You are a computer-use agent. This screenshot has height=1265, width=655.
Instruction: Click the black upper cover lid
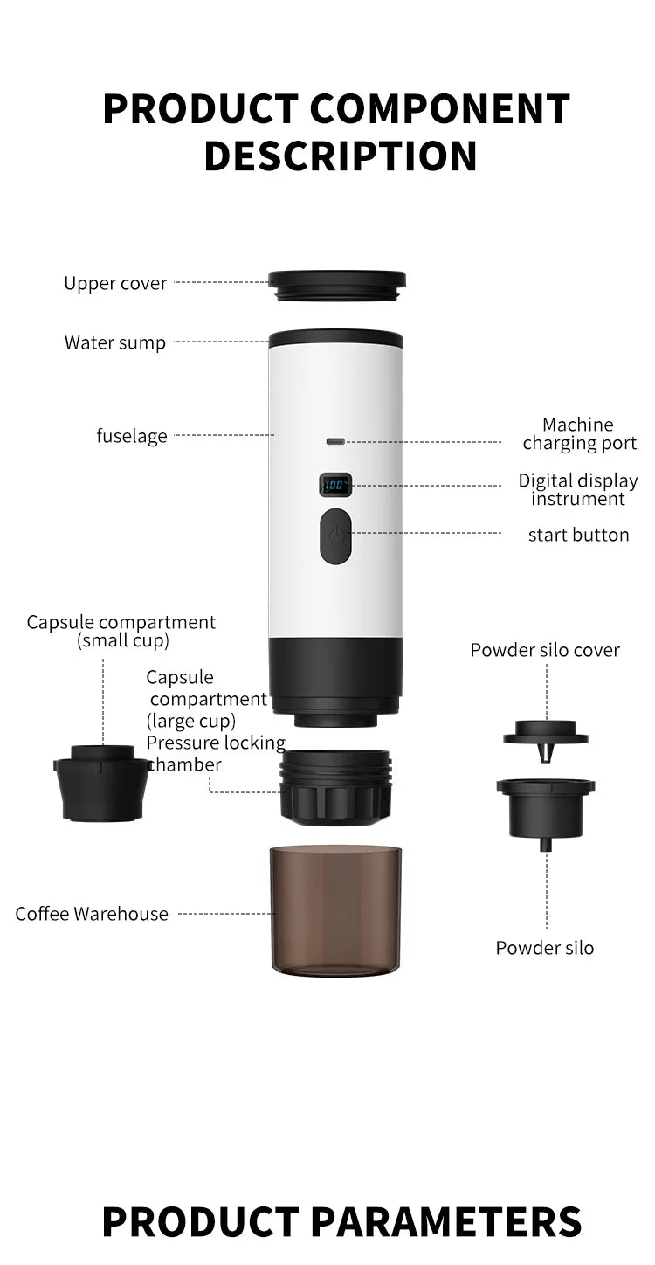(x=336, y=285)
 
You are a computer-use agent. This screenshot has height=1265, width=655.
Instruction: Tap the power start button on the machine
(x=335, y=536)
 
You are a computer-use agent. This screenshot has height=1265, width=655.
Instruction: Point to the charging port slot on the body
(x=335, y=442)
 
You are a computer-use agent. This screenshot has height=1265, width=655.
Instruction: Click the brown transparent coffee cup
(x=336, y=908)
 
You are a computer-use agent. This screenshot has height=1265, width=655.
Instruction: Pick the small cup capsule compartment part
(x=102, y=782)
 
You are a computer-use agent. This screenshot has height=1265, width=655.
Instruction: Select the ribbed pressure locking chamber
(x=336, y=786)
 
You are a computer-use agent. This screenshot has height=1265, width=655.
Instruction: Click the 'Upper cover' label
(x=115, y=283)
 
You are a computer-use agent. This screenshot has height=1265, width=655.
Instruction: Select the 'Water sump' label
(x=114, y=342)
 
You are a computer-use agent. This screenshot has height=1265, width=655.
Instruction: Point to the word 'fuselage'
(x=131, y=435)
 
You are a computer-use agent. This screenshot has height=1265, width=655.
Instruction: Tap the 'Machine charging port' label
(x=579, y=434)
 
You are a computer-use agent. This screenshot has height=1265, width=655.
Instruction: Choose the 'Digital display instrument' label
(x=578, y=489)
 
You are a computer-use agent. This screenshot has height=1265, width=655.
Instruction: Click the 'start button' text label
(x=578, y=535)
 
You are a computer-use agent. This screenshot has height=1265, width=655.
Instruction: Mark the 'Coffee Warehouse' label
(x=92, y=914)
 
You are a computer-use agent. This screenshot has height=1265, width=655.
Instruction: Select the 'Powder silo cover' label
(x=545, y=650)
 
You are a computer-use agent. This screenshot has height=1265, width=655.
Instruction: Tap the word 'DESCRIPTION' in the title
(x=341, y=156)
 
